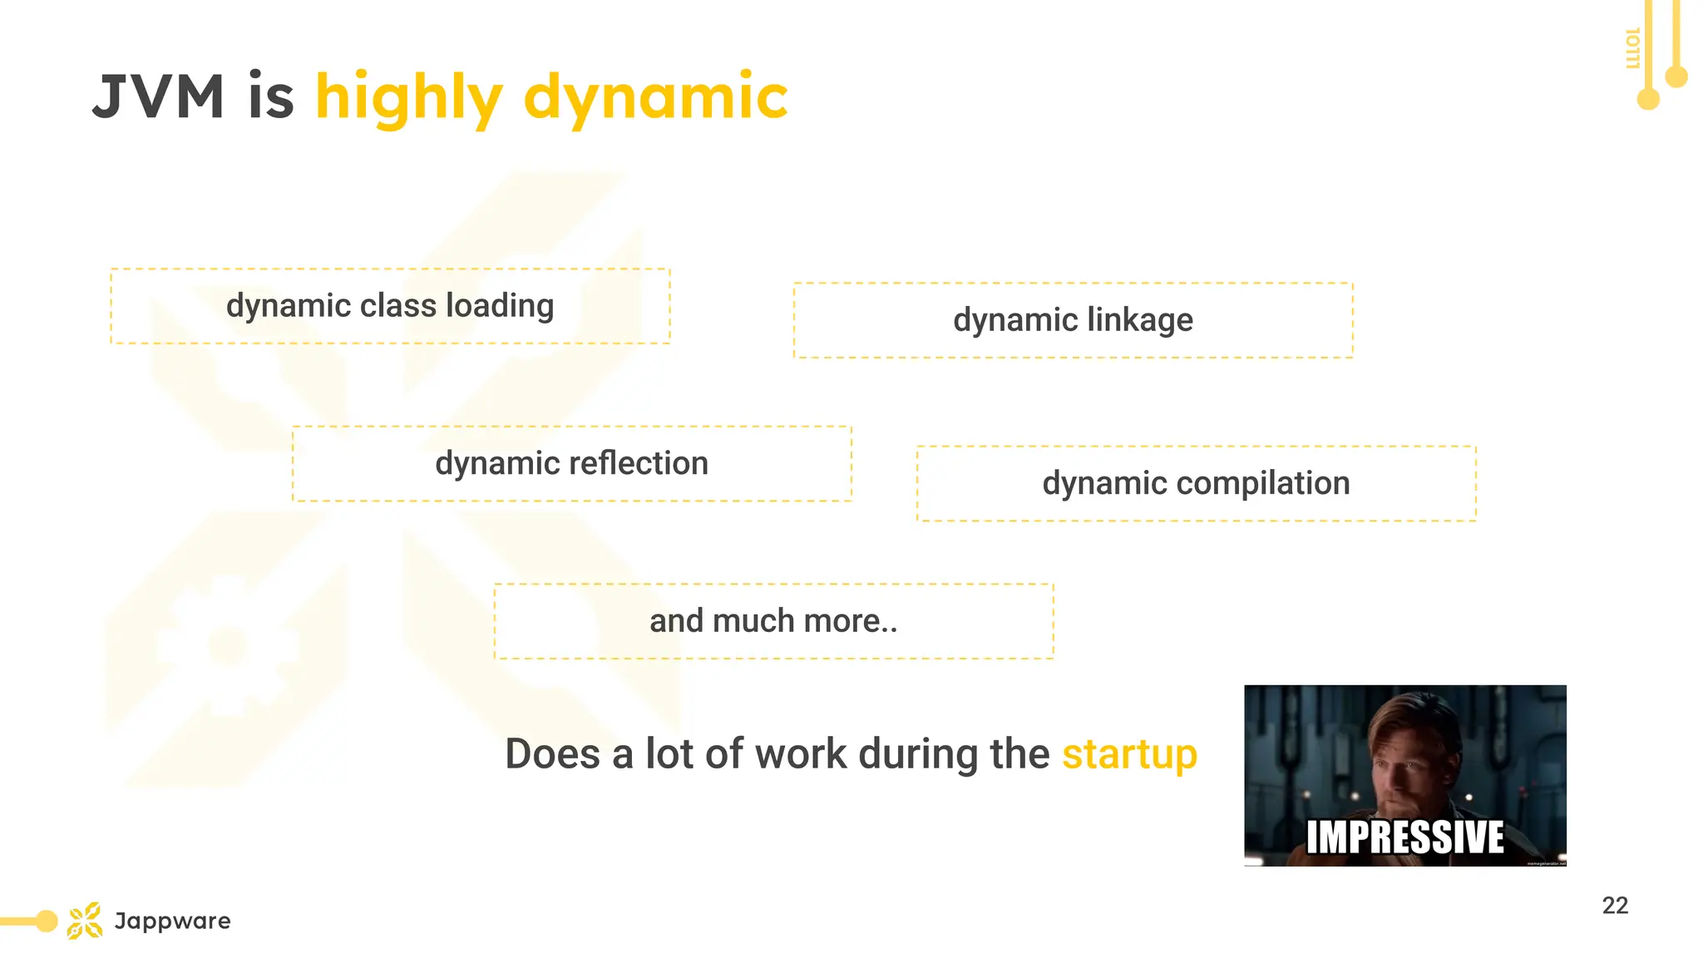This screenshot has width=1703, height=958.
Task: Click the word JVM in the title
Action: click(158, 97)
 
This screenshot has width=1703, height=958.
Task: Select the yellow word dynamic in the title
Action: click(655, 97)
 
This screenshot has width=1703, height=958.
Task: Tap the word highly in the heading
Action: click(408, 97)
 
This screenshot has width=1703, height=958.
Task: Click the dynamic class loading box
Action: click(390, 306)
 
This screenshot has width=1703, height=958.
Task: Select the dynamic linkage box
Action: click(1073, 320)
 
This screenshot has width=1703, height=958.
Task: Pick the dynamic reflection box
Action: click(571, 463)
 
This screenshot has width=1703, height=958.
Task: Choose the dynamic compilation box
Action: click(1196, 483)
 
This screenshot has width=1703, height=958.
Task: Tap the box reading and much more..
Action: click(773, 621)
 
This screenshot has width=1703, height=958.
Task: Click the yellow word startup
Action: click(1129, 754)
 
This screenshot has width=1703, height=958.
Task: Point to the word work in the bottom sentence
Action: click(801, 754)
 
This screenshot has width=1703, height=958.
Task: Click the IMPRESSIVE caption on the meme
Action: click(1404, 837)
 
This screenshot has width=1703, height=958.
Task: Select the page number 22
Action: click(1615, 906)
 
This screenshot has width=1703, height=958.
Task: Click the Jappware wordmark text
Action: click(172, 921)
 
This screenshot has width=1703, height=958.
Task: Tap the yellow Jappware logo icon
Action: click(85, 921)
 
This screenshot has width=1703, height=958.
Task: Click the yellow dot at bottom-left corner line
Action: click(47, 921)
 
